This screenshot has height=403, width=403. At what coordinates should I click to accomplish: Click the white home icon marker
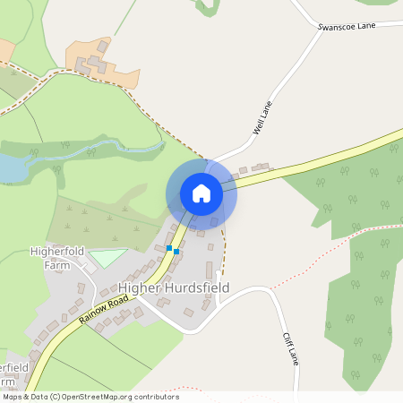point(201,193)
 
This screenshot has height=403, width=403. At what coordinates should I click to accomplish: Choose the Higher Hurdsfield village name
point(174,287)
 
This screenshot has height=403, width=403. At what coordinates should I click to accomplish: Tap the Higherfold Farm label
point(56,258)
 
